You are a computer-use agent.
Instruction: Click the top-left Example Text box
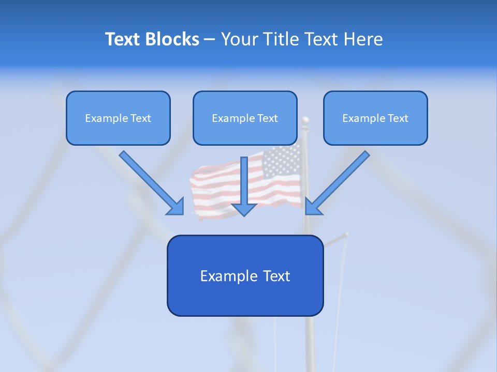click(118, 118)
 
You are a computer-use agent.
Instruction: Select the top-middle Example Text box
click(245, 118)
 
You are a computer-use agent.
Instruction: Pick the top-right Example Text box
click(375, 118)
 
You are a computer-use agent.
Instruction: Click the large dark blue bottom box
click(245, 275)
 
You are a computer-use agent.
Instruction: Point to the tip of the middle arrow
click(244, 215)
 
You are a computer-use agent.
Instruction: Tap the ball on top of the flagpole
click(305, 120)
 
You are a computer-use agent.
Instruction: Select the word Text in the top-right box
click(398, 118)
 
